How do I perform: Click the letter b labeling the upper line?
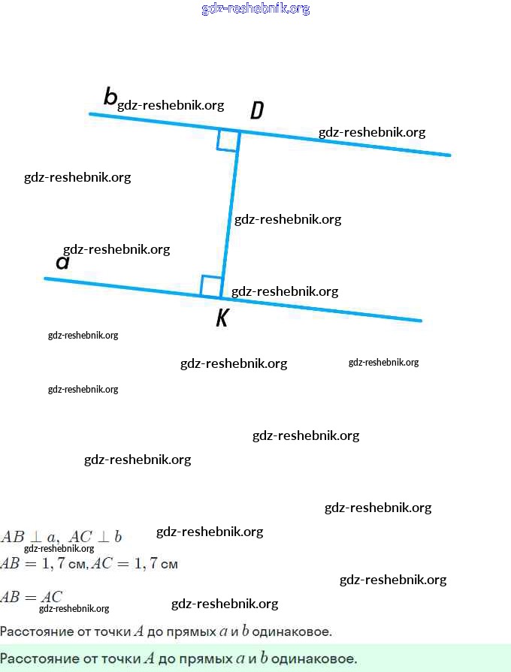click(x=110, y=97)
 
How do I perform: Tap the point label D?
click(x=256, y=111)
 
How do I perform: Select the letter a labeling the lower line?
click(x=63, y=262)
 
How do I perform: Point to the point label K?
click(x=222, y=318)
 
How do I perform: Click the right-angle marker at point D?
click(x=228, y=140)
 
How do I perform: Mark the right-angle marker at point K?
click(x=211, y=286)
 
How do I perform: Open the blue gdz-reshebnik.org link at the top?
click(x=255, y=9)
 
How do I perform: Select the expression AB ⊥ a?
click(x=29, y=538)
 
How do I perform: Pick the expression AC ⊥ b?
click(x=95, y=538)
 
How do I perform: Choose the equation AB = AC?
click(x=32, y=598)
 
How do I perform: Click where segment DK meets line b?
click(x=240, y=131)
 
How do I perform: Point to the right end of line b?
click(x=449, y=155)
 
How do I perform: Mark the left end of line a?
click(x=46, y=279)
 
